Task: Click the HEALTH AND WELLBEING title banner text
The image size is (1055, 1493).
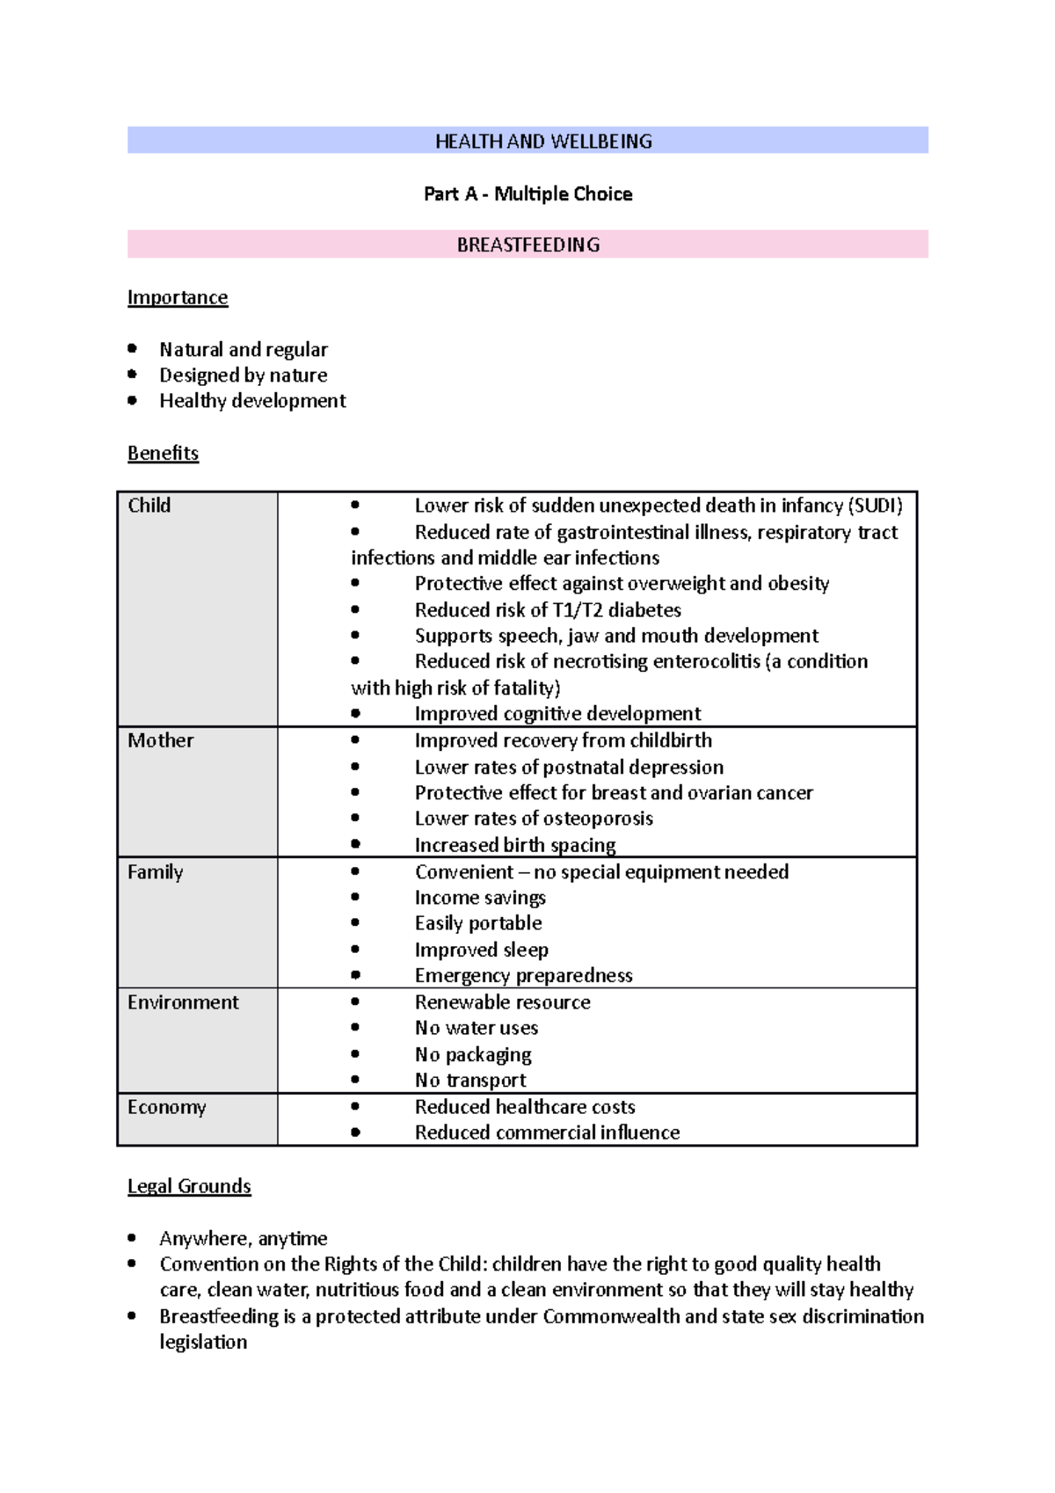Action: click(543, 142)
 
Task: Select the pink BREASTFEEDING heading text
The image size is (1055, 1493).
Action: click(527, 245)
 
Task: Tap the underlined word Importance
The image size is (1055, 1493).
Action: click(178, 297)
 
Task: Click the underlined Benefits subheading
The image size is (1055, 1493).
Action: click(163, 453)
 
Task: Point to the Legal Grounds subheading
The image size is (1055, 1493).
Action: click(189, 1186)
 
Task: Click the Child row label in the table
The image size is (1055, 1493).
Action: click(149, 506)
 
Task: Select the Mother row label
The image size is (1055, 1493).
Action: click(160, 740)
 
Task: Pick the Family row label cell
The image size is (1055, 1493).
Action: click(155, 872)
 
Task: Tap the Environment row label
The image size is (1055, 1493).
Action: click(183, 1002)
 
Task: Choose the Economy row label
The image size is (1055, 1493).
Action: click(166, 1107)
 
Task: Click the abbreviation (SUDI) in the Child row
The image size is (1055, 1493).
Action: click(875, 506)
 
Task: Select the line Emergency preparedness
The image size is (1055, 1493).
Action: click(523, 976)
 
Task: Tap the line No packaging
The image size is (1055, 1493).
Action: click(473, 1054)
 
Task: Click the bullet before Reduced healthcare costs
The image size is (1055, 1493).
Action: click(355, 1107)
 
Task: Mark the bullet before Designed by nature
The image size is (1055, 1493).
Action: click(132, 375)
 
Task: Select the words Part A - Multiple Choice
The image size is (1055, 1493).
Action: click(527, 194)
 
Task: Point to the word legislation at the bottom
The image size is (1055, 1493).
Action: click(203, 1343)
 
